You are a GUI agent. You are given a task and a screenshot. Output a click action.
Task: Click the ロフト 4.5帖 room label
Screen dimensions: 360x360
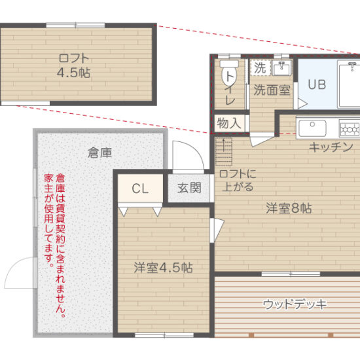pyautogui.click(x=74, y=63)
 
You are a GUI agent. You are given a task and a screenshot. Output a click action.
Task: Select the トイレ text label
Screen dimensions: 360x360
pyautogui.click(x=230, y=90)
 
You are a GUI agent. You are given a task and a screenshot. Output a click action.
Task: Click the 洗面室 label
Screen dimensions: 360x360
pyautogui.click(x=272, y=90)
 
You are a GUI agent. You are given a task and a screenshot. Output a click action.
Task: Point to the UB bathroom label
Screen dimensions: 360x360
pyautogui.click(x=317, y=84)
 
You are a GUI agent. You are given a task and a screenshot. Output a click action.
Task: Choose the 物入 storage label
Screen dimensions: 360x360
pyautogui.click(x=229, y=122)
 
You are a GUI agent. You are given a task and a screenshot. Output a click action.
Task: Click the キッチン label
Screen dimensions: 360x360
pyautogui.click(x=331, y=147)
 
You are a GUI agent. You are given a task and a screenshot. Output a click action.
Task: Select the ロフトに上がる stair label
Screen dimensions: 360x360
pyautogui.click(x=239, y=179)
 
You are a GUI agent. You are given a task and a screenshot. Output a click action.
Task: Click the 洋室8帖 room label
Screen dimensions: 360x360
pyautogui.click(x=288, y=209)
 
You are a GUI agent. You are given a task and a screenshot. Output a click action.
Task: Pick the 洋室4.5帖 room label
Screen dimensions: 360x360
pyautogui.click(x=163, y=267)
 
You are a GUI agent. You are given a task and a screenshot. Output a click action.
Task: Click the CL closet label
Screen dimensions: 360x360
pyautogui.click(x=139, y=189)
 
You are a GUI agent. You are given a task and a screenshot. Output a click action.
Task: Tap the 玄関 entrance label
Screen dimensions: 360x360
pyautogui.click(x=189, y=189)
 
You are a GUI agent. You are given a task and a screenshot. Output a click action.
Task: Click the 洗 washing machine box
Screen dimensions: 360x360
pyautogui.click(x=260, y=67)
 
